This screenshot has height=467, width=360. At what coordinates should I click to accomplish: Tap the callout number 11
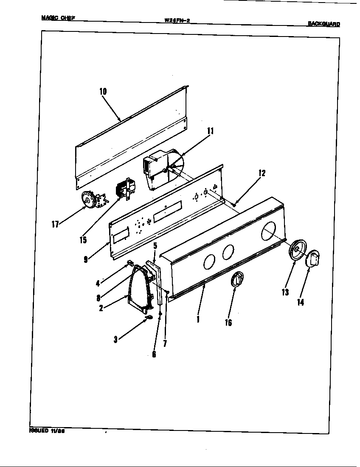[x=210, y=131]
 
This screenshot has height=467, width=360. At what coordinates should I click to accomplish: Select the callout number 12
[x=262, y=173]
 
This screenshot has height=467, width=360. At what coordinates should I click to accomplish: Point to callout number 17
[x=55, y=225]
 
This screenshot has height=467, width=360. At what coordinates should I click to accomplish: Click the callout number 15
[x=83, y=240]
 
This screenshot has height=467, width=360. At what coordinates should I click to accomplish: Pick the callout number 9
[x=86, y=259]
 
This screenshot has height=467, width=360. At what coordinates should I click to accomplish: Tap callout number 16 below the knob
[x=228, y=322]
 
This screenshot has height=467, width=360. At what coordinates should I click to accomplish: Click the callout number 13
[x=284, y=292]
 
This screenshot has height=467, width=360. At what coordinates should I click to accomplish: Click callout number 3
[x=115, y=339]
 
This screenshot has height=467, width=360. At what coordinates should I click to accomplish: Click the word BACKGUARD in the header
[x=324, y=24]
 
